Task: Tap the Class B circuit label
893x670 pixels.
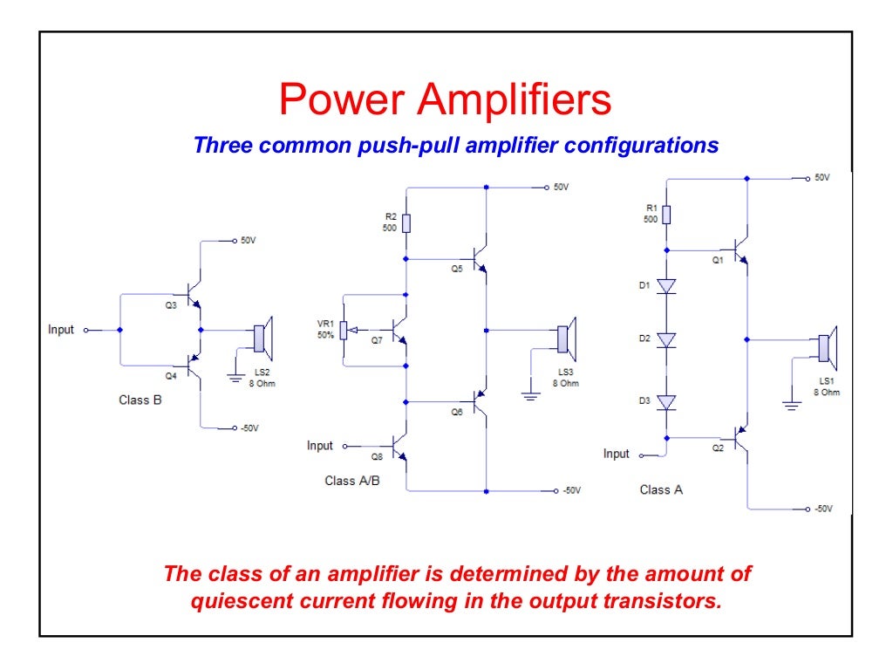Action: point(140,400)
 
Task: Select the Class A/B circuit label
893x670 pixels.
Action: point(352,481)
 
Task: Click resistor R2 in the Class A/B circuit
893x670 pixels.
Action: point(406,222)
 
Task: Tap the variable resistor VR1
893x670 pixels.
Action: point(344,330)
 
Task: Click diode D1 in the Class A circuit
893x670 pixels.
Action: point(667,286)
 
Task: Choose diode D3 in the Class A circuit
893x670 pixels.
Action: point(667,402)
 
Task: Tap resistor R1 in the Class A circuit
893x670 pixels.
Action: point(667,214)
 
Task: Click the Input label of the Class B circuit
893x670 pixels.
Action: point(61,330)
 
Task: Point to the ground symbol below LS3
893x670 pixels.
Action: point(530,395)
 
